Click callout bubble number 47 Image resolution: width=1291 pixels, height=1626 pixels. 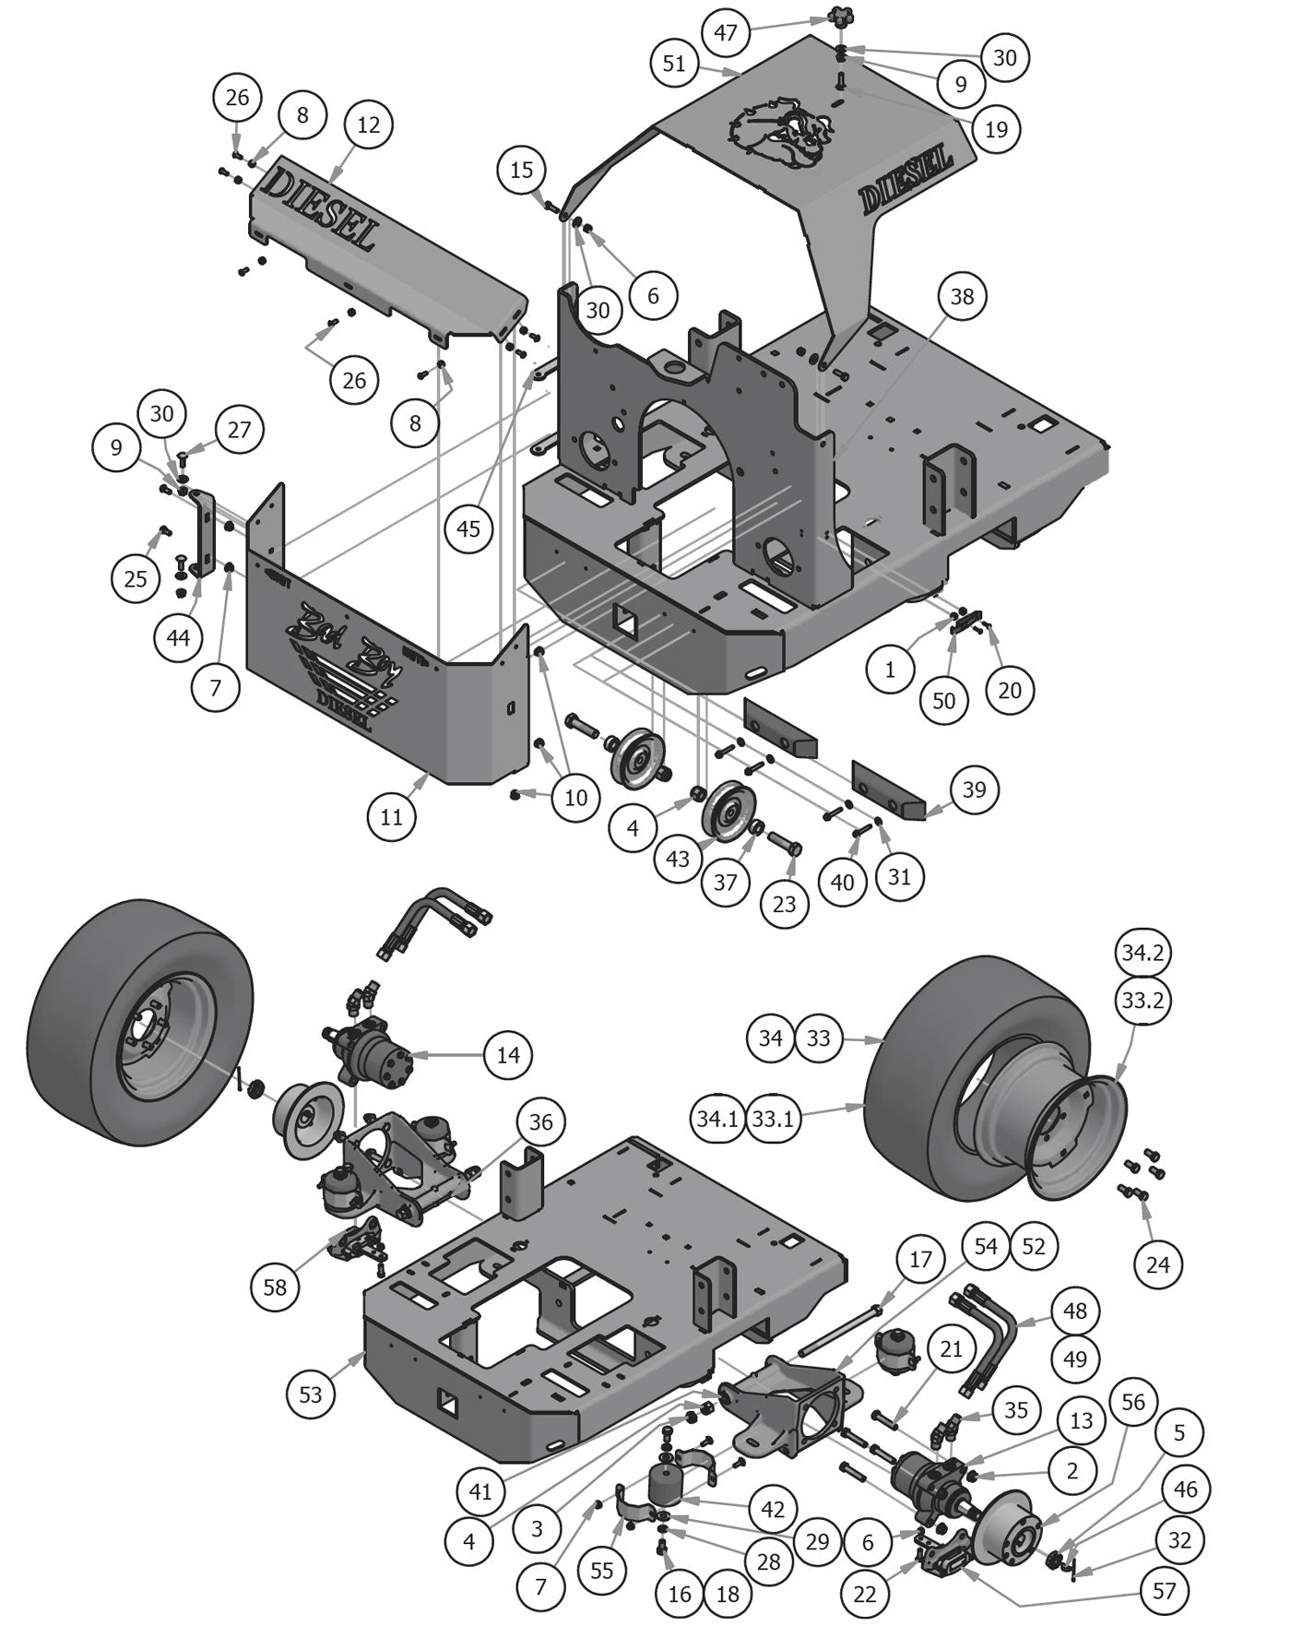coord(726,32)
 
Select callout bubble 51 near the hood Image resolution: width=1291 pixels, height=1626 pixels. coord(674,63)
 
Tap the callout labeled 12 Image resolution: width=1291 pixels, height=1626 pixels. coord(368,125)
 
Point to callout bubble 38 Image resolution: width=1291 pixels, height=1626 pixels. coord(962,296)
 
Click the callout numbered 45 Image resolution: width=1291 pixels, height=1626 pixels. coord(468,528)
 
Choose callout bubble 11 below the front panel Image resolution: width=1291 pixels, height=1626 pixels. coord(392,816)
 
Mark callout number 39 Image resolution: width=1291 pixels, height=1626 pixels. coord(974,789)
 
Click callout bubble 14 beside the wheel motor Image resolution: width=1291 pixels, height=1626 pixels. coord(508,1054)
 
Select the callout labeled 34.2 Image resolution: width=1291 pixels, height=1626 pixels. coord(1143,952)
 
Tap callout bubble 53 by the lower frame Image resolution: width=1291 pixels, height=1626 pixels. coord(311,1394)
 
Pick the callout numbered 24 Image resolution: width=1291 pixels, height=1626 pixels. coord(1157,1264)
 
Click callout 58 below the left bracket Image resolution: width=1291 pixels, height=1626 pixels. coord(275,1287)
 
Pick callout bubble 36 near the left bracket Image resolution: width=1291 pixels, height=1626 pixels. coord(540,1122)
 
